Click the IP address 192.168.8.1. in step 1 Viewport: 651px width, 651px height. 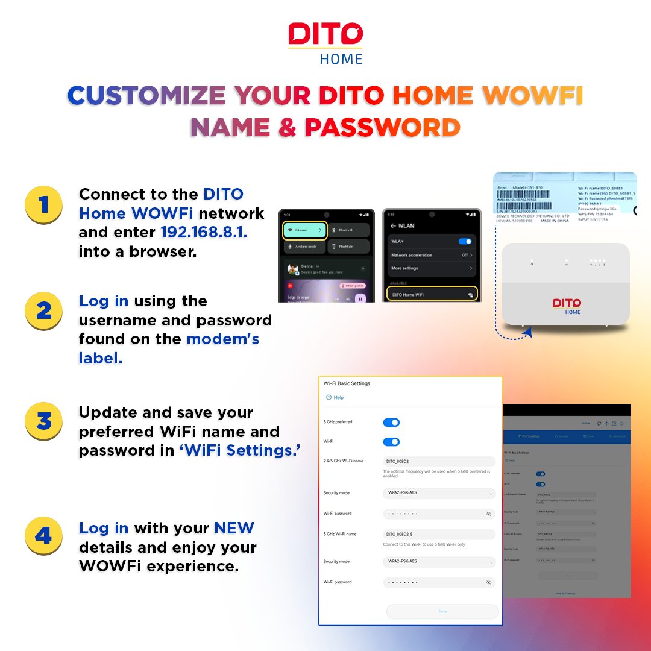(204, 233)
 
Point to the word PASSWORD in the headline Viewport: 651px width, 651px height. (382, 127)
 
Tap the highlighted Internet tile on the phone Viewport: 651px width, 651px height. (304, 230)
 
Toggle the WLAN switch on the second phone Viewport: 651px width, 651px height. (465, 241)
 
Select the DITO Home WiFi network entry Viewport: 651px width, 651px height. (432, 294)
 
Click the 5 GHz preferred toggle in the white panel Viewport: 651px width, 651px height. (391, 423)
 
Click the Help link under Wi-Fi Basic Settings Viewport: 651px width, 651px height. (335, 398)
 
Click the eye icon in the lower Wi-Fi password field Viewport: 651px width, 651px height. (488, 583)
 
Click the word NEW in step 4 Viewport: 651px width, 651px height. (234, 529)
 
